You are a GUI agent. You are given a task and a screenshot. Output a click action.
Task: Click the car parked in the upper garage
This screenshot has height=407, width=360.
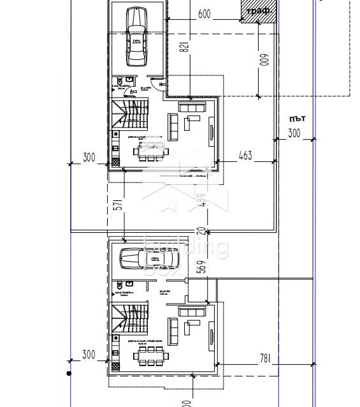point(137,37)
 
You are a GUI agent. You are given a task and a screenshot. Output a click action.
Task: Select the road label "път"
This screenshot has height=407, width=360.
point(296,119)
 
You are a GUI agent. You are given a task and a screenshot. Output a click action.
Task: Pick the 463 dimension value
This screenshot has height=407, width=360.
point(245,155)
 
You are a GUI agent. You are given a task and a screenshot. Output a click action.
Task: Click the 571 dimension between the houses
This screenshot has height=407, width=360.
point(117,205)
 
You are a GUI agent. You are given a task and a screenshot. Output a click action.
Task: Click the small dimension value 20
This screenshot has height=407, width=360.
point(201,232)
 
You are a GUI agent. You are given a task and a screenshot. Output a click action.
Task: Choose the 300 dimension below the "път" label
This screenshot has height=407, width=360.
point(294,133)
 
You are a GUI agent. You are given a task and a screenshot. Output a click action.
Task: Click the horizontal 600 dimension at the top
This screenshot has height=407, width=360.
point(204,14)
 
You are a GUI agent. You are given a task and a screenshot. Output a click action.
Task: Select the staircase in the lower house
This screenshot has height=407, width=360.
point(129,317)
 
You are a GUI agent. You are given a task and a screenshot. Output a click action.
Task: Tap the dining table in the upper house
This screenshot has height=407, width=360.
point(152,151)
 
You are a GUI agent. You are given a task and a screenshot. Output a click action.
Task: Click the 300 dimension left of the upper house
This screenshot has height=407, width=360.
point(89,158)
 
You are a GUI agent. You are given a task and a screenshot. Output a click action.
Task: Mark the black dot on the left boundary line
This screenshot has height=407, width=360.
point(69,373)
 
